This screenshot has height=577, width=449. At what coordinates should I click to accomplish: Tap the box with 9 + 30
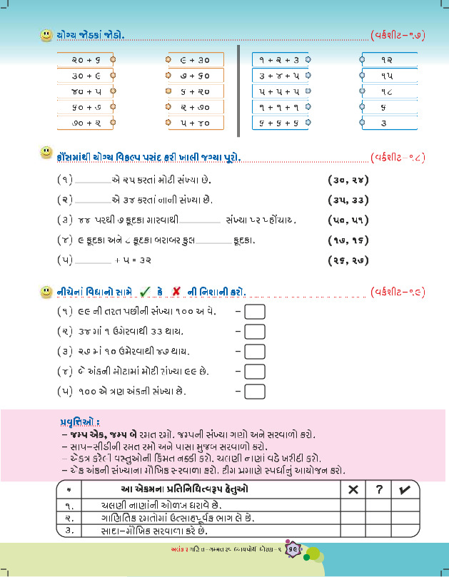point(193,61)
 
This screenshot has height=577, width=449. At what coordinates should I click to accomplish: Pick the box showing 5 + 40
point(193,123)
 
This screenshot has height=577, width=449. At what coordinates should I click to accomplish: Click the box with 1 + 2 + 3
point(280,61)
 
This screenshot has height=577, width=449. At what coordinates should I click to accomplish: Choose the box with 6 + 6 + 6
point(280,123)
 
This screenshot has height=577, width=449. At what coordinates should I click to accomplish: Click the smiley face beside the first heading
point(46,34)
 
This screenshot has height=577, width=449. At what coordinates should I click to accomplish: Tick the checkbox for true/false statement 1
point(254,312)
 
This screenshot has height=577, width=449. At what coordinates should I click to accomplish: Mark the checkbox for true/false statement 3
point(254,352)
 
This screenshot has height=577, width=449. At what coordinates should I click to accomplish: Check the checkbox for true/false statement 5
point(254,391)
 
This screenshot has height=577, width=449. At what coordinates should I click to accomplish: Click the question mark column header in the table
point(379,489)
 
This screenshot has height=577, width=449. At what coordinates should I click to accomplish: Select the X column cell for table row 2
point(352,518)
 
